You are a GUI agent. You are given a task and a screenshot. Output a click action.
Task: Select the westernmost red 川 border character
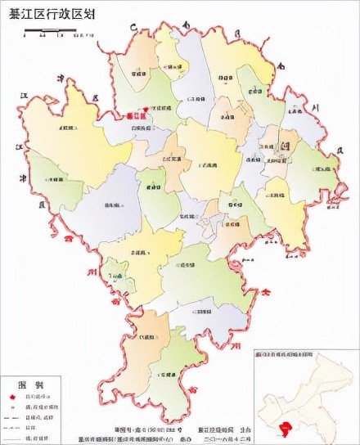tap(94, 267)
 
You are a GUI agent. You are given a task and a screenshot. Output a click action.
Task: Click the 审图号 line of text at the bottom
tap(145, 429)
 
